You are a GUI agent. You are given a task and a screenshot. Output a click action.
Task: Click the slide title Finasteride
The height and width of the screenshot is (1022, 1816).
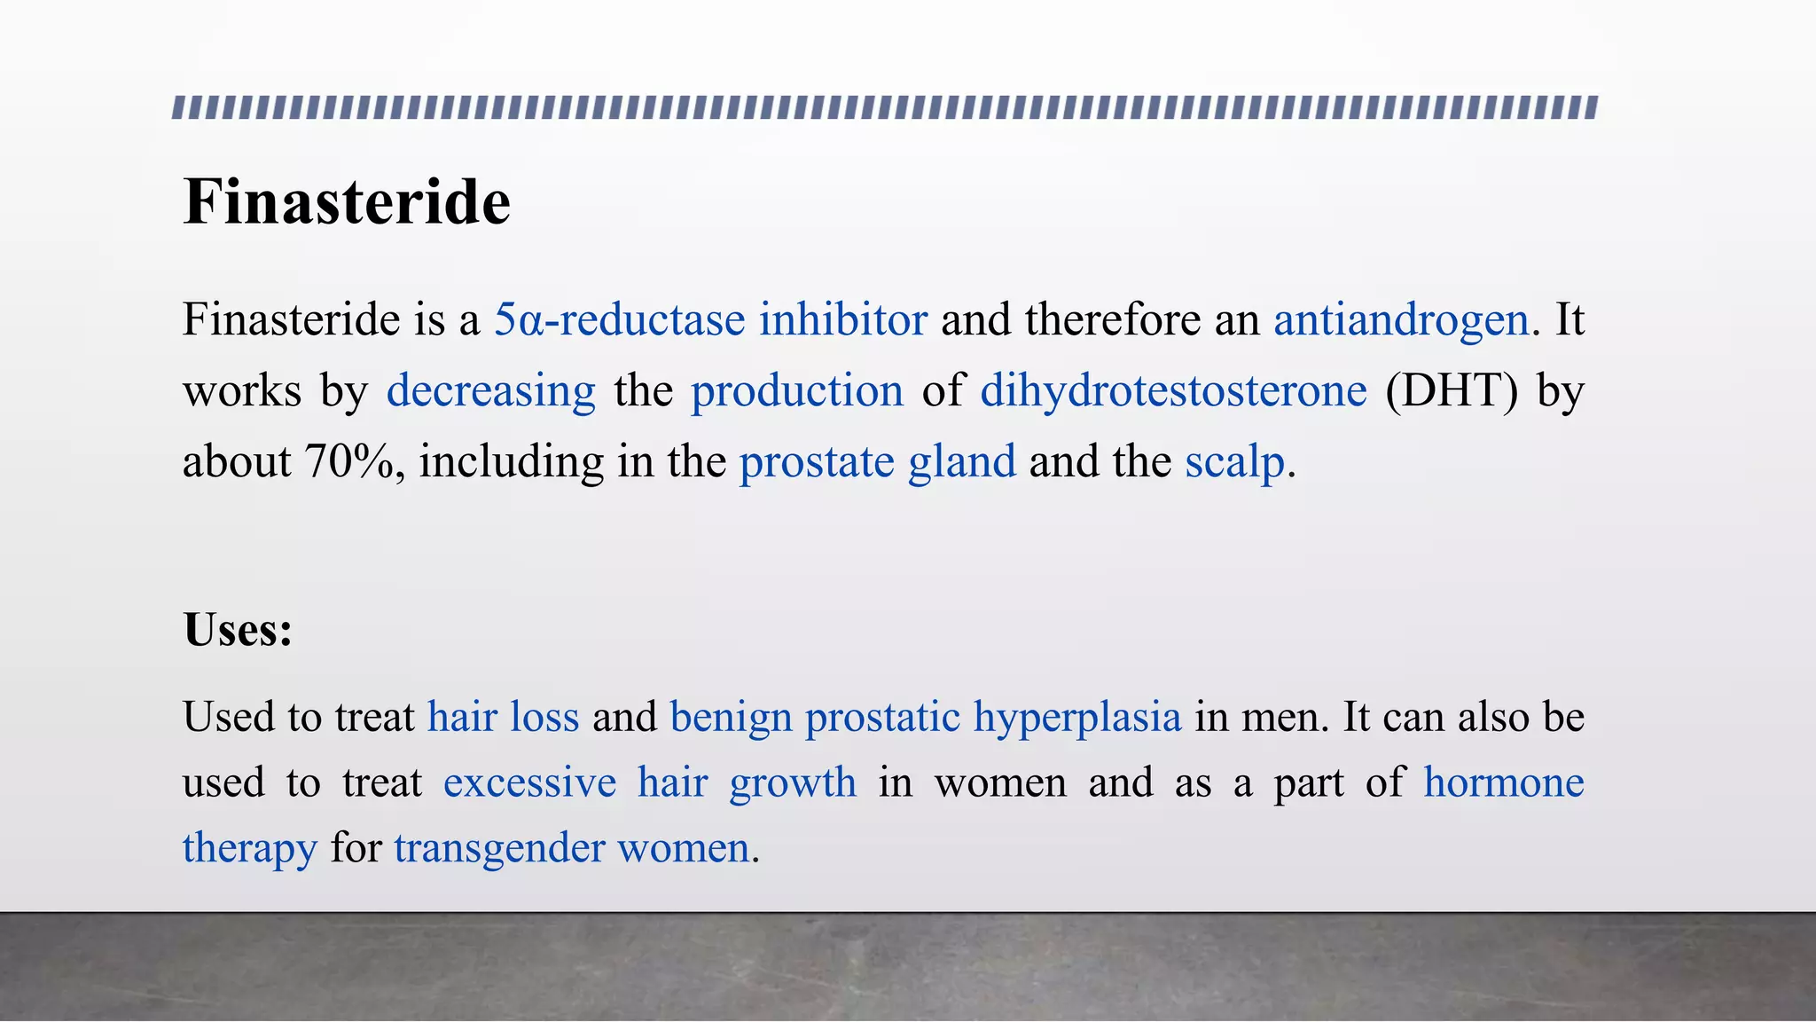coord(347,202)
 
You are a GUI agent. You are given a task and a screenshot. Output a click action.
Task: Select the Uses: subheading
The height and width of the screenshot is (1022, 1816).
coord(238,630)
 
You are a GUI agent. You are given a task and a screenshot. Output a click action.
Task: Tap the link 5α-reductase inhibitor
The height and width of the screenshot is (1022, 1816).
coord(710,319)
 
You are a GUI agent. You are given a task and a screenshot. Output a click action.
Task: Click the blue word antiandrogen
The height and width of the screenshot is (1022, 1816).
coord(1401,319)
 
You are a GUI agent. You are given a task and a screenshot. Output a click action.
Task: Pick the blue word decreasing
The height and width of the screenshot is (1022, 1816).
coord(490,390)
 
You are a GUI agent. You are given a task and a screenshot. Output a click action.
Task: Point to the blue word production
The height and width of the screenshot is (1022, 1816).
coord(796,390)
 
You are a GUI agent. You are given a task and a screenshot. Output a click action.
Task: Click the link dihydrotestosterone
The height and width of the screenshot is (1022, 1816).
coord(1173,390)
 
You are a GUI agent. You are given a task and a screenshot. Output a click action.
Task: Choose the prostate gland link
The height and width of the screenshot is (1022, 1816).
coord(877,461)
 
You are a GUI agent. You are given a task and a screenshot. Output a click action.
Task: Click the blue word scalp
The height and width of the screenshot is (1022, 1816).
coord(1234,461)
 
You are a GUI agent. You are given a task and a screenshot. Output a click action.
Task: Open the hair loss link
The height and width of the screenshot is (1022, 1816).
coord(503,717)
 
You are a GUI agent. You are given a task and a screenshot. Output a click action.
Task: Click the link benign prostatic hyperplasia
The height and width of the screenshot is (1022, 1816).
coord(926,717)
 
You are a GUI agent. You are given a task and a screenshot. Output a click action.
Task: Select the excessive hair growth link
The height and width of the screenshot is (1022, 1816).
coord(649,782)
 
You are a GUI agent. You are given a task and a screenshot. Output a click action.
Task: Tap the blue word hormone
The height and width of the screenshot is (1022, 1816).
coord(1504,782)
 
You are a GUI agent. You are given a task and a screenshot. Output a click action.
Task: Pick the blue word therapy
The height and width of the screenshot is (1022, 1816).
coord(249,848)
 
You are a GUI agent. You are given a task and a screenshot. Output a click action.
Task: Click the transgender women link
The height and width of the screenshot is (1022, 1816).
coord(572,848)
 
